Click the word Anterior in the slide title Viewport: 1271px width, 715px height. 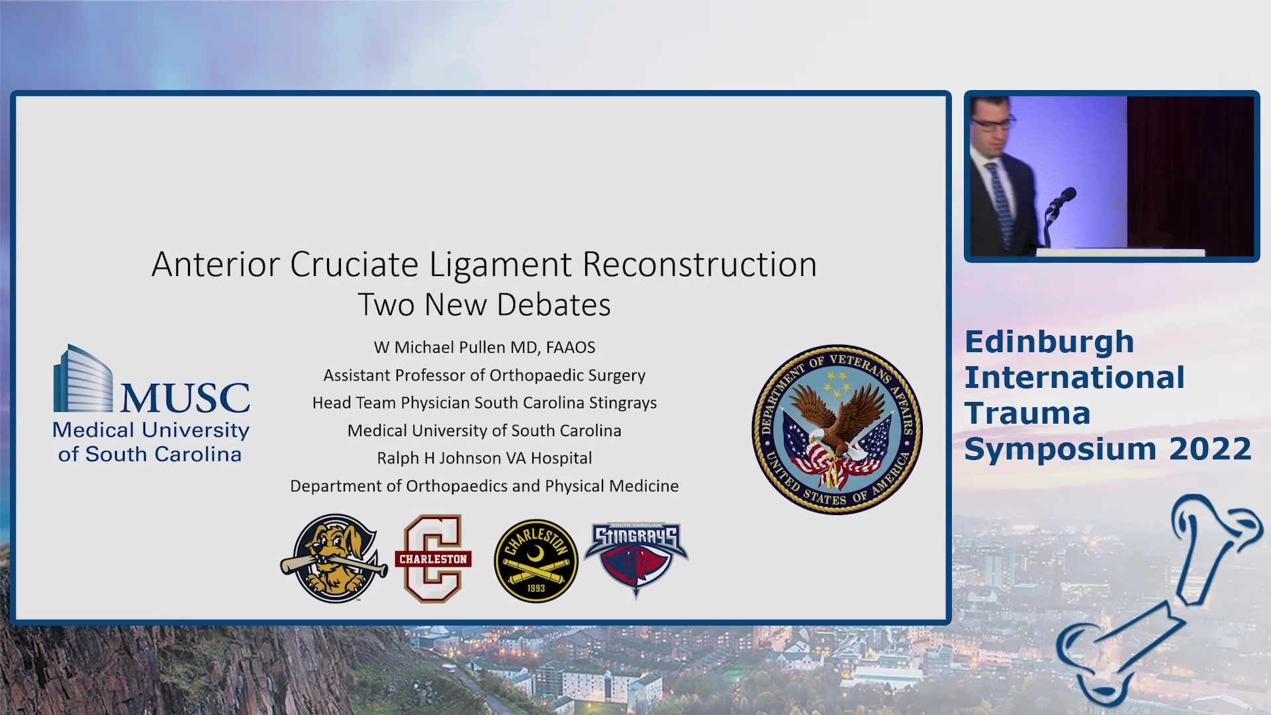pyautogui.click(x=216, y=265)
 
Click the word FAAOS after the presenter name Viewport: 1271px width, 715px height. pyautogui.click(x=571, y=348)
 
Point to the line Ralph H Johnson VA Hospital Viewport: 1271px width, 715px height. pyautogui.click(x=484, y=458)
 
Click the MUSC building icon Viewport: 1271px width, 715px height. pyautogui.click(x=83, y=379)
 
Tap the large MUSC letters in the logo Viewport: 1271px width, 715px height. pyautogui.click(x=185, y=397)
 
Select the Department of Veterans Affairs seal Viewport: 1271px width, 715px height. pyautogui.click(x=837, y=429)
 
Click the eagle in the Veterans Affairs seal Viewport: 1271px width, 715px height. pyautogui.click(x=837, y=424)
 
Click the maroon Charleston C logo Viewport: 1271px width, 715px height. pyautogui.click(x=433, y=559)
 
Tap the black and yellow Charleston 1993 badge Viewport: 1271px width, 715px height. pyautogui.click(x=536, y=561)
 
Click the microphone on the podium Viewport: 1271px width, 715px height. pyautogui.click(x=1061, y=200)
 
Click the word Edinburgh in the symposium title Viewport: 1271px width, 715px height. pyautogui.click(x=1049, y=343)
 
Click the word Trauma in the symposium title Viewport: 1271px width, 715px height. pyautogui.click(x=1027, y=413)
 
